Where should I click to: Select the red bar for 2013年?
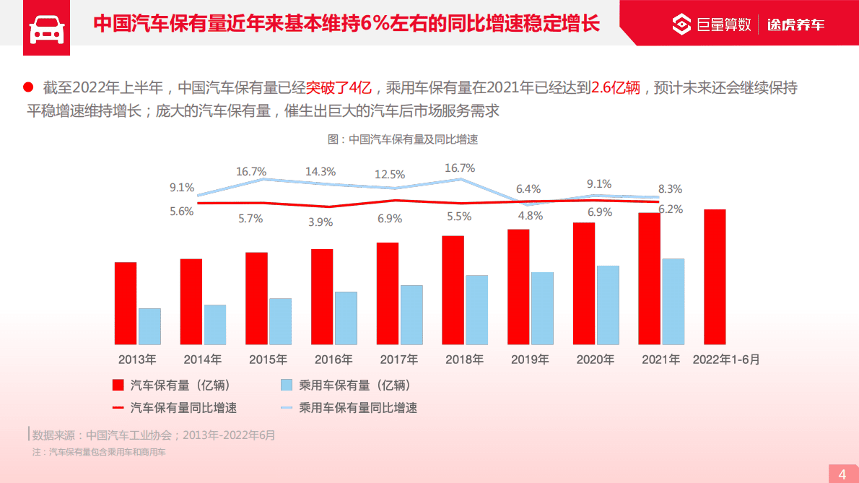tap(126, 303)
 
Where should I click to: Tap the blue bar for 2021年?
tap(673, 301)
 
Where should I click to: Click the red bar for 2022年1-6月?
tap(715, 277)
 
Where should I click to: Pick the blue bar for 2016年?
tap(346, 318)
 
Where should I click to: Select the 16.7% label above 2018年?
tap(460, 168)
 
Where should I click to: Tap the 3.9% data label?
tap(321, 222)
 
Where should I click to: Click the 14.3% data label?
tap(321, 172)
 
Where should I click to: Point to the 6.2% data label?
tap(671, 209)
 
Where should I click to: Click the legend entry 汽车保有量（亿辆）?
tap(180, 386)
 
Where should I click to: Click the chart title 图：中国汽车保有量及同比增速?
tap(404, 139)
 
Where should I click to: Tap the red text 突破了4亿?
tap(339, 88)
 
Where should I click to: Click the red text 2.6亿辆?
tap(616, 88)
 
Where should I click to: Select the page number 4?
tap(842, 474)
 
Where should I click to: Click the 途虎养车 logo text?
tap(795, 25)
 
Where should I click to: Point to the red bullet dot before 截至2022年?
tap(28, 87)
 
